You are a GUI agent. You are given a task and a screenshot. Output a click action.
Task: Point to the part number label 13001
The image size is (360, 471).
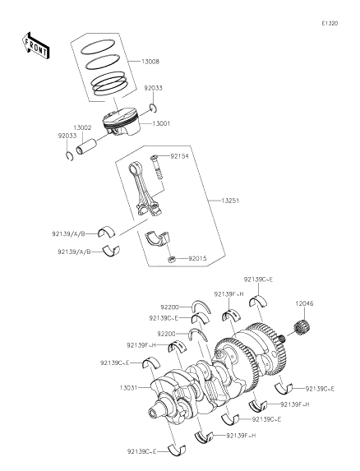[160, 124]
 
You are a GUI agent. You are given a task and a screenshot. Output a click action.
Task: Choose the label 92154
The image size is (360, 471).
[180, 155]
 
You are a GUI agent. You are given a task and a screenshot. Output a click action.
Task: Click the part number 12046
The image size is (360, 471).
[305, 326]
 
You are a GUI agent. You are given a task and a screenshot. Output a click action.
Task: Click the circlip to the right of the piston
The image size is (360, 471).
[154, 107]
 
